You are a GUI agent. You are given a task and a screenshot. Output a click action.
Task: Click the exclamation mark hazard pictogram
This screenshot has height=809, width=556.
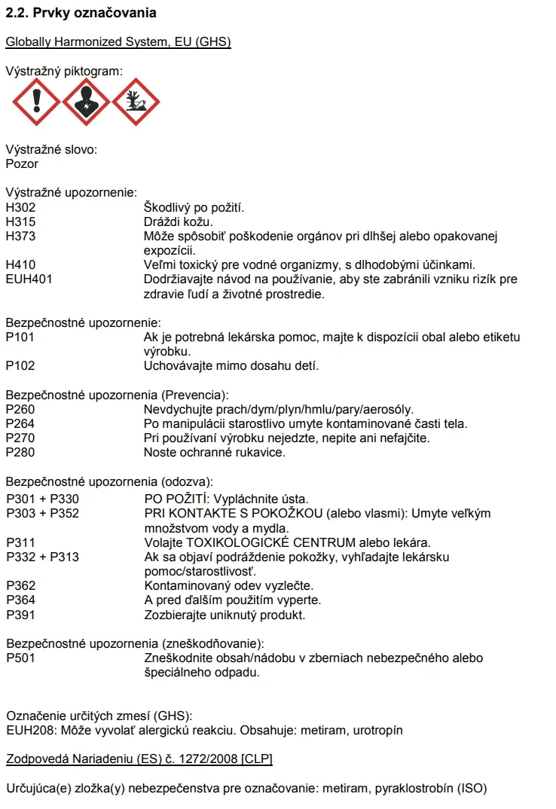(x=36, y=102)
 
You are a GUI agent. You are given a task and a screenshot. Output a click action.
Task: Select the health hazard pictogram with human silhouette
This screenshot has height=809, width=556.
(x=86, y=102)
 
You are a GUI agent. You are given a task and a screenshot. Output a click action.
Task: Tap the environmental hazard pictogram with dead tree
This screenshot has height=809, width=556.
(x=136, y=102)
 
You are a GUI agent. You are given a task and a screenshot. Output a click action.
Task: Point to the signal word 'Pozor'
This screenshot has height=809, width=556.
(x=22, y=163)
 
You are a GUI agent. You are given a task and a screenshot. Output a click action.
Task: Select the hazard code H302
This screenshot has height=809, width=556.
(x=21, y=207)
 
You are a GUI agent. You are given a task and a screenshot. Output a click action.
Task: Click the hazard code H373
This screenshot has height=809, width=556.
(x=21, y=236)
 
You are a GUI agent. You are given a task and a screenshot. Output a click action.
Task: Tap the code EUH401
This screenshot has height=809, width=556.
(x=29, y=279)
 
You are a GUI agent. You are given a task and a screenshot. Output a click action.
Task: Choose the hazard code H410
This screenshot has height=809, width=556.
(x=21, y=265)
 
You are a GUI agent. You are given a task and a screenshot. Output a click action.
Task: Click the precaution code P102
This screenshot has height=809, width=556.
(x=20, y=366)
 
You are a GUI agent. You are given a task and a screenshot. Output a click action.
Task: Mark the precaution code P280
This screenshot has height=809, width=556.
(x=20, y=453)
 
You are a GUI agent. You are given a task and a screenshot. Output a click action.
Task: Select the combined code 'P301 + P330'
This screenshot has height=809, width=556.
(x=42, y=499)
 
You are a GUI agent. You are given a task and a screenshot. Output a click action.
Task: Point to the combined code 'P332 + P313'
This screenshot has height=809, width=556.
(x=42, y=557)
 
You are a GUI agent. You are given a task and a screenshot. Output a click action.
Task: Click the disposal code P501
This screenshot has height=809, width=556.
(x=20, y=658)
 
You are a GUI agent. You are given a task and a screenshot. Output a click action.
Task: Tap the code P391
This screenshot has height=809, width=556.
(x=20, y=615)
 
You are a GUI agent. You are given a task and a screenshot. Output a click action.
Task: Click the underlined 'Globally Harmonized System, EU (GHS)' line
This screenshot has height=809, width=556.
(x=118, y=42)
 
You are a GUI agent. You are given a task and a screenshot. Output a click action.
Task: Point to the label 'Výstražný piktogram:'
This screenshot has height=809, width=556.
(x=63, y=72)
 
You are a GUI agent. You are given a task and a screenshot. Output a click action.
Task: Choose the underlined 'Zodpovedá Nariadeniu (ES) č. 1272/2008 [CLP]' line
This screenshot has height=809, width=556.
(x=139, y=759)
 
